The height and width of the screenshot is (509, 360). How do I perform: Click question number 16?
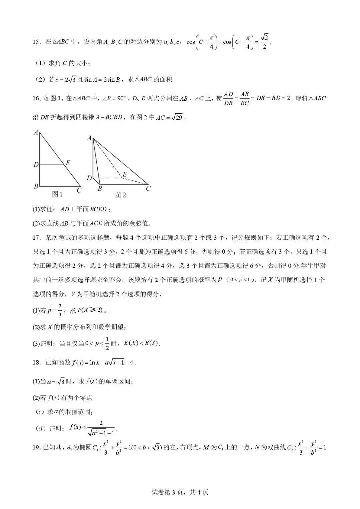point(37,99)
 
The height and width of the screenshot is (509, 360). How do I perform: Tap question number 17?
point(37,238)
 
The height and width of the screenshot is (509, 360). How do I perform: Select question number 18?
point(37,363)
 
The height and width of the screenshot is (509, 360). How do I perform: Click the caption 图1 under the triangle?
point(57,194)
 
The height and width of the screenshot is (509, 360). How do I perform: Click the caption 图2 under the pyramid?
point(120,195)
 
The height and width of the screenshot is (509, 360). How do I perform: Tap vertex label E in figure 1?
point(68,163)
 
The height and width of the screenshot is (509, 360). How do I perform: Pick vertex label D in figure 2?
point(89,178)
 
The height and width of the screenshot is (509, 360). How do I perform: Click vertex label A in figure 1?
point(36,133)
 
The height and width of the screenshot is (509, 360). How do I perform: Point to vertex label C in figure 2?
point(148,189)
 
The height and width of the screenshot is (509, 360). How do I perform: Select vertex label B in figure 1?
point(36,186)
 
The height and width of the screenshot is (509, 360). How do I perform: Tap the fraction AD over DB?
point(228,99)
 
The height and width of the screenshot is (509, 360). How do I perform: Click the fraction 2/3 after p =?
point(60,310)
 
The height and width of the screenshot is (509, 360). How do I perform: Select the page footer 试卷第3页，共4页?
point(180,492)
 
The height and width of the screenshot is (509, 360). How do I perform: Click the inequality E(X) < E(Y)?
point(141,343)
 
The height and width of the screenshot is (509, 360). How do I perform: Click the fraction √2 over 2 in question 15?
point(264,42)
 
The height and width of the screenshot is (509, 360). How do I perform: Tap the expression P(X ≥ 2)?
point(90,310)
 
